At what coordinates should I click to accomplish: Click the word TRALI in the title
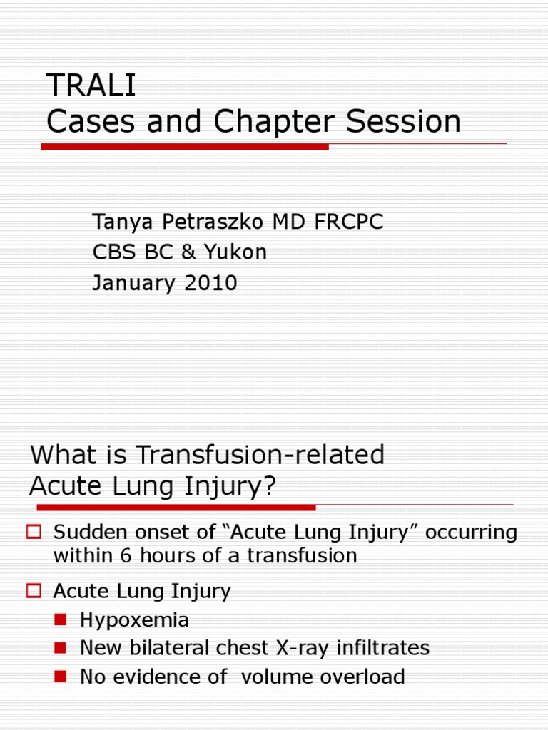91,86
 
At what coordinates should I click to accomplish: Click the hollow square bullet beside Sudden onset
34,531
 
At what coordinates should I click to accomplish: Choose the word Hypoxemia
134,620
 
